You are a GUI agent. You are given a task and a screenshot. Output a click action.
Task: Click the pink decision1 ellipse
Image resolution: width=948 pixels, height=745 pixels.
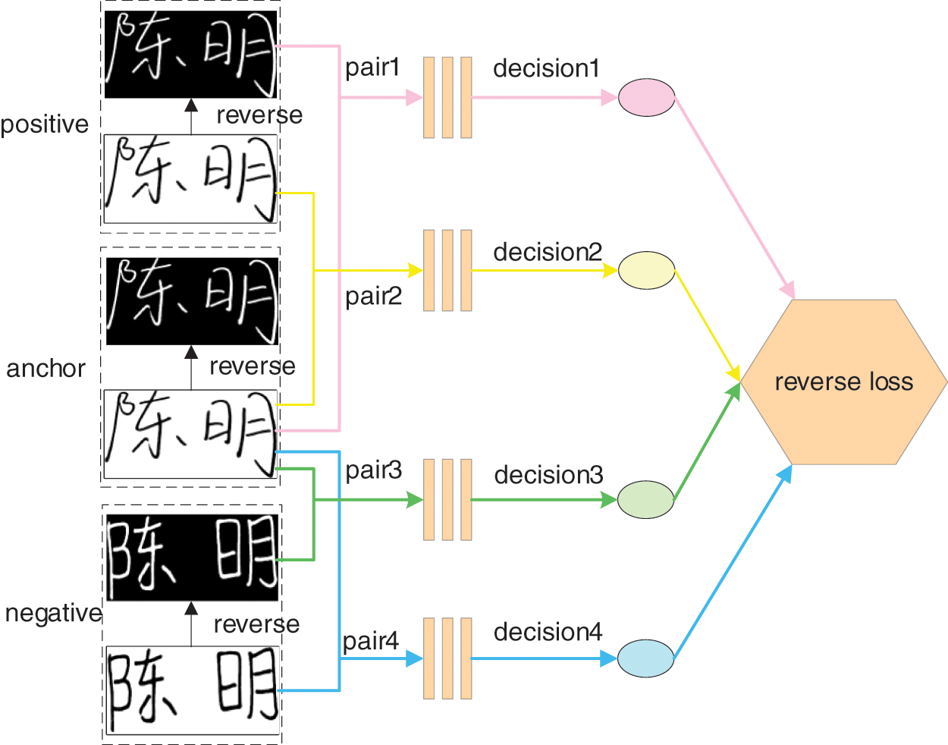(646, 97)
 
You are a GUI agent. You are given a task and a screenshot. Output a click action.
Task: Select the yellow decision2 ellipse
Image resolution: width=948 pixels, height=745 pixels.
(646, 270)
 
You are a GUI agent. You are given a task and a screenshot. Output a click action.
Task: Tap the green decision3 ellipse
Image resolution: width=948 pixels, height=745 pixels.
(645, 499)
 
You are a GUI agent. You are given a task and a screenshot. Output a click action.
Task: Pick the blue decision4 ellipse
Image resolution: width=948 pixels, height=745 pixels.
(645, 658)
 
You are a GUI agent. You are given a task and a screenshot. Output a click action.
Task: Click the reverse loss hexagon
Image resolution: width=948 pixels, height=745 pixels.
(843, 382)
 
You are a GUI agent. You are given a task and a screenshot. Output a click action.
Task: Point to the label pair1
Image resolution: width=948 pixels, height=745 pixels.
(372, 68)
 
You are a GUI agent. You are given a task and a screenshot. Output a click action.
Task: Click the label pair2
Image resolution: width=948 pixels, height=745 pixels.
(373, 296)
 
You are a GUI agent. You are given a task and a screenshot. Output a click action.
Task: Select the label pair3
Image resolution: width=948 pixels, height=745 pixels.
(373, 470)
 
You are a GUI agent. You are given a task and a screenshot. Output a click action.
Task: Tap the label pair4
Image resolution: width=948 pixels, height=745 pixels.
(370, 642)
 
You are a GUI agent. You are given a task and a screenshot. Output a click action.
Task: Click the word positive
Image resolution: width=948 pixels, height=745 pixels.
(45, 124)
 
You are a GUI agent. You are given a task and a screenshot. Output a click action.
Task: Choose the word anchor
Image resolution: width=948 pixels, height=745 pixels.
(46, 369)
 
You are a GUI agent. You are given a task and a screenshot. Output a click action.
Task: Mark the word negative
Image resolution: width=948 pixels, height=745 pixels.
(53, 613)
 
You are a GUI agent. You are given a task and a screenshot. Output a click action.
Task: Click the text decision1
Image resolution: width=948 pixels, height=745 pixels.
(546, 68)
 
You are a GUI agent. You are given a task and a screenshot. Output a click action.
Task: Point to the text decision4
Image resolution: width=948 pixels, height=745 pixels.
(548, 632)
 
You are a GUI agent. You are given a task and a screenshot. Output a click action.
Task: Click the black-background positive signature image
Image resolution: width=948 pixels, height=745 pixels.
(190, 54)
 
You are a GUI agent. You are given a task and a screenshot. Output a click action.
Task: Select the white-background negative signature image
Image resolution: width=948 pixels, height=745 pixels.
(192, 690)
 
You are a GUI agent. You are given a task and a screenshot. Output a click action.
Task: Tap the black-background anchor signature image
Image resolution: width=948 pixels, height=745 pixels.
(192, 301)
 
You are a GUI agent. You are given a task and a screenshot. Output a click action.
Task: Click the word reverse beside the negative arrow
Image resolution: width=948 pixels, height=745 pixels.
(256, 624)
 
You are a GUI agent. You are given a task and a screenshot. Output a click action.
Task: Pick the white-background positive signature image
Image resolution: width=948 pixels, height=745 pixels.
(190, 179)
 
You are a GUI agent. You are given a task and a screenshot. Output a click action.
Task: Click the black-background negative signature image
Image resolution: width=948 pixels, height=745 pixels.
(192, 558)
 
